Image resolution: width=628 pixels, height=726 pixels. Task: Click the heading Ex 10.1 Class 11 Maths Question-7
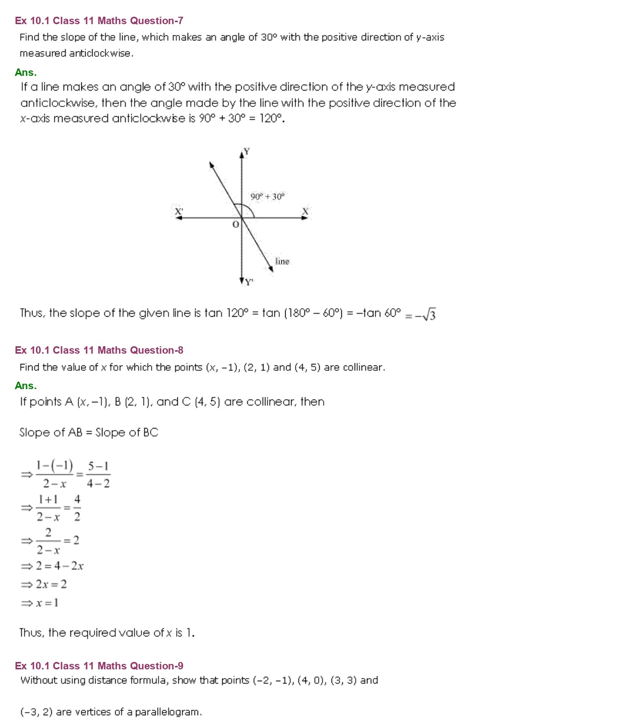point(99,21)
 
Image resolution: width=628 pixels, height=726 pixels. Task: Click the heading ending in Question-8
point(99,350)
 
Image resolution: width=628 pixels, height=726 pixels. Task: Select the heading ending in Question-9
point(99,666)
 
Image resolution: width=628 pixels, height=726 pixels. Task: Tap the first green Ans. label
point(26,72)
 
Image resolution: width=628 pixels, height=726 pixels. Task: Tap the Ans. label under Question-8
point(26,386)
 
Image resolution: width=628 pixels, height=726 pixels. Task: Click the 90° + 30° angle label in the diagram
point(267,197)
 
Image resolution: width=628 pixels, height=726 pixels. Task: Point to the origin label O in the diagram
point(235,225)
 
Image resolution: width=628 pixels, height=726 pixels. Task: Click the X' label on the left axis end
point(179,212)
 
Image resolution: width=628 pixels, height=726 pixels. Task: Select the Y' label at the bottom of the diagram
point(249,282)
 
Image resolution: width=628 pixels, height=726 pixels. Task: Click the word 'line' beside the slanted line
point(282,261)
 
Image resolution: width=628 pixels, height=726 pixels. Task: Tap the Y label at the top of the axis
point(247,151)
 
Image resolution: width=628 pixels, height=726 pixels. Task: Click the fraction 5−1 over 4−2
point(99,475)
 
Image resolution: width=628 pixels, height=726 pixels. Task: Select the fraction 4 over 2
point(77,508)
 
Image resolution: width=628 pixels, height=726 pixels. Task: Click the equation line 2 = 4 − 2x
point(59,566)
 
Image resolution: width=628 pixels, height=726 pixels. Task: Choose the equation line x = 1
point(47,602)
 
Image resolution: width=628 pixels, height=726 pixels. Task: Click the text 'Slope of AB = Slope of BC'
point(89,432)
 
